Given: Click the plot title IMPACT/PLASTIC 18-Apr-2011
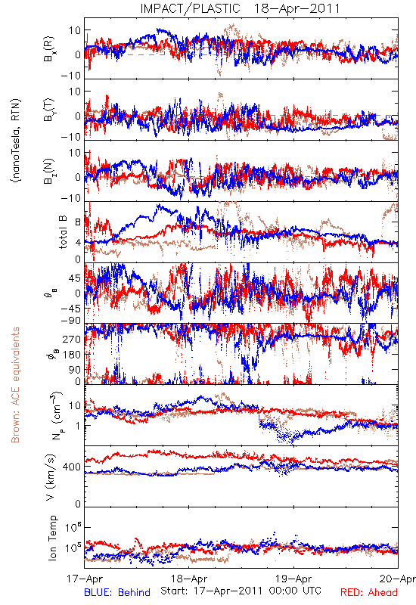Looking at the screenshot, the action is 240,8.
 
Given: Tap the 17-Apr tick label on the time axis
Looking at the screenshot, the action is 85,579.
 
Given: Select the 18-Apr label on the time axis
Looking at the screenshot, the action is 189,579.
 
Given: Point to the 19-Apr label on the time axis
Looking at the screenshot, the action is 293,579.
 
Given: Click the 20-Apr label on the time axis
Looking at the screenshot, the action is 398,579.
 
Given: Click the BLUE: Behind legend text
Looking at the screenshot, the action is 117,592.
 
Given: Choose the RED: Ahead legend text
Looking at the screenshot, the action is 369,592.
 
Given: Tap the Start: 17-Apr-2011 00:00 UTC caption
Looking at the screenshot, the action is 241,591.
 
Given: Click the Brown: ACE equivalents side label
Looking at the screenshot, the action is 15,385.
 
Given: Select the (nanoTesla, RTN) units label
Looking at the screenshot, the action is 16,140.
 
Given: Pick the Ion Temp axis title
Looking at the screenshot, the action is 52,538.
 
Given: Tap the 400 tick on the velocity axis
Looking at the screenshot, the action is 72,467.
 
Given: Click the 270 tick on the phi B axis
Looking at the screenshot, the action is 72,339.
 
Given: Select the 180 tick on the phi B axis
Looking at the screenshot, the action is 72,355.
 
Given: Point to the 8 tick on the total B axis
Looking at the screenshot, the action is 78,222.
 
